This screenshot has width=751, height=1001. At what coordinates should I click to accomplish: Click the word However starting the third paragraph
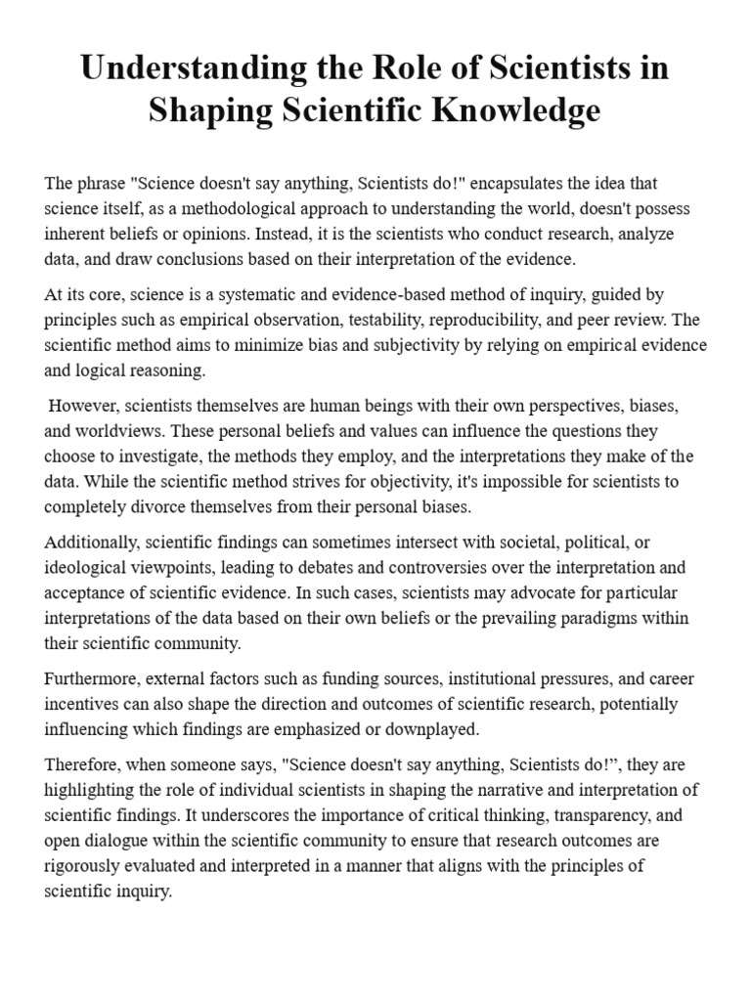[x=83, y=405]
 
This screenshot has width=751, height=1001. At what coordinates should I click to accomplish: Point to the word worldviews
[x=106, y=430]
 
